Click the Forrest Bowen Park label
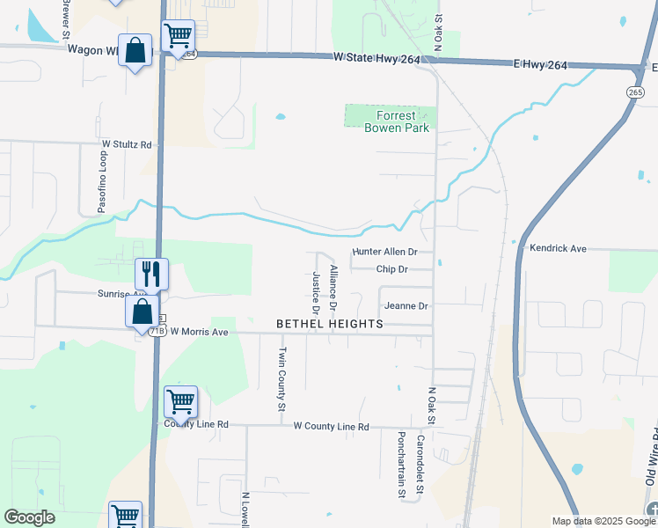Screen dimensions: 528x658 click(397, 121)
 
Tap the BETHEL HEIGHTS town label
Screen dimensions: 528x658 click(330, 324)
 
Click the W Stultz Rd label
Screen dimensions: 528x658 click(127, 143)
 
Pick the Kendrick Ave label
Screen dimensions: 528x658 click(558, 249)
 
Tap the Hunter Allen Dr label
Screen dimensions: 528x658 click(384, 252)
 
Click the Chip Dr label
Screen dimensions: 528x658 click(391, 269)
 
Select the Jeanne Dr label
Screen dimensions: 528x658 click(406, 306)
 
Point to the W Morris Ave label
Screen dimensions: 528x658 click(199, 332)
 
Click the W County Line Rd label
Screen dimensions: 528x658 click(331, 426)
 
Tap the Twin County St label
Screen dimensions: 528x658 click(282, 379)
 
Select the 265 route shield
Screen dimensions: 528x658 click(635, 92)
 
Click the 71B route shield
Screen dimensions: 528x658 click(156, 331)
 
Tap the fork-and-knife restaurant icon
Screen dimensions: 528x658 click(151, 274)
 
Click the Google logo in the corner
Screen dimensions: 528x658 click(29, 517)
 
